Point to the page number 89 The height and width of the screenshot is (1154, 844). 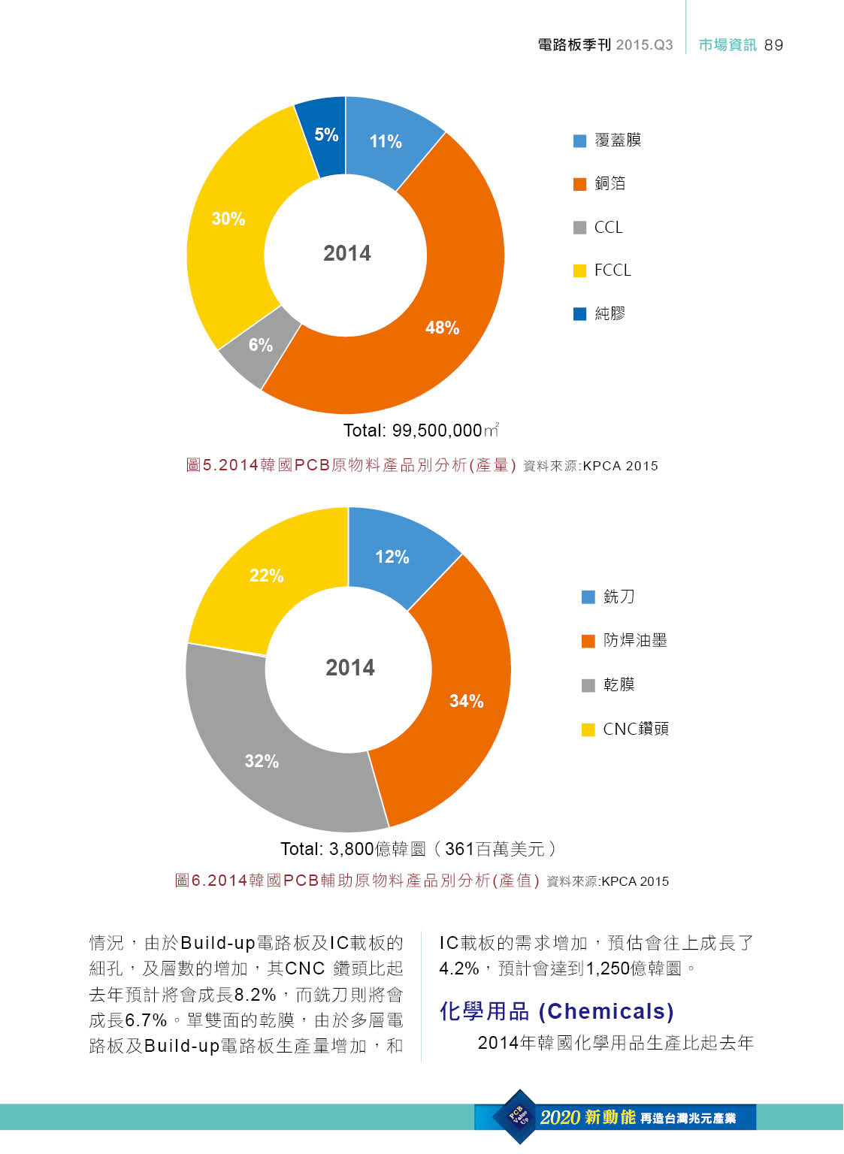(773, 45)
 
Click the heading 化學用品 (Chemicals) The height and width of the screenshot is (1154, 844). (556, 1011)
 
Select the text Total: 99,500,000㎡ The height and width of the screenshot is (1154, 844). (421, 430)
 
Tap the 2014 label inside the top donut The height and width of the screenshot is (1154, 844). (347, 253)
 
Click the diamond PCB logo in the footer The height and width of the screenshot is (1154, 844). (519, 1116)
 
